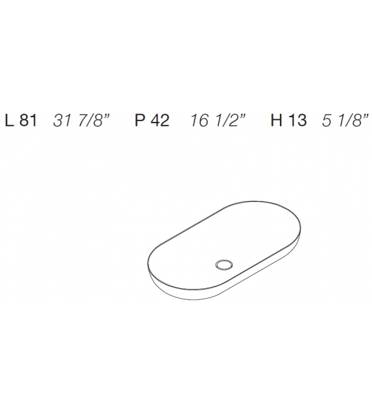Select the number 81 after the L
tap(29, 121)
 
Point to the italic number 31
tap(62, 121)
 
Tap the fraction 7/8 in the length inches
tap(88, 121)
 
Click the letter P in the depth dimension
tap(139, 121)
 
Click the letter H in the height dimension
tap(276, 121)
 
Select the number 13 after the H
tap(297, 121)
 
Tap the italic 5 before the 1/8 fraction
tap(327, 121)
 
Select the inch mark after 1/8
tap(366, 117)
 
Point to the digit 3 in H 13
tap(302, 121)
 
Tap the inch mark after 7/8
tap(105, 117)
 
